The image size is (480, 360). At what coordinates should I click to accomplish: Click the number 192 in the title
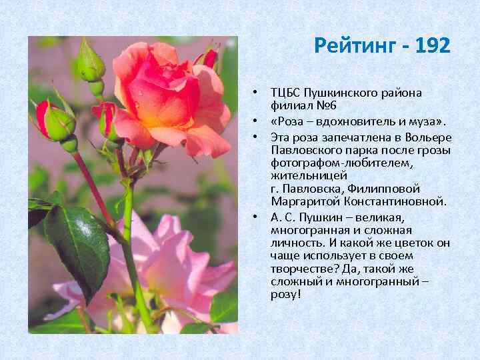point(432,46)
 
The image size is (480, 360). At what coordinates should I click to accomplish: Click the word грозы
point(434,151)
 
